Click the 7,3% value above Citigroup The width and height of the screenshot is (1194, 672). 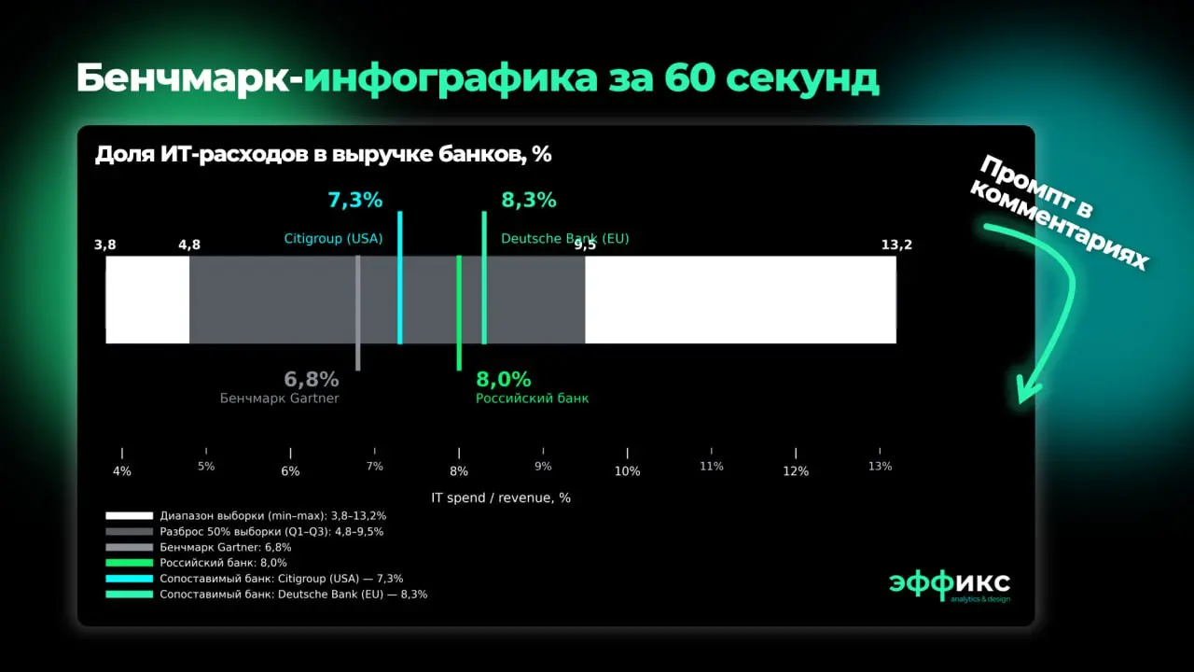354,200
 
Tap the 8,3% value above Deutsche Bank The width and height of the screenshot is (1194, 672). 529,200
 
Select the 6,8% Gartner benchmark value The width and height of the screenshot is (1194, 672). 312,380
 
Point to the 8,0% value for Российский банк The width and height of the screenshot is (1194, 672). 504,380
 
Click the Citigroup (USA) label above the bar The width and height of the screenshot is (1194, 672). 333,239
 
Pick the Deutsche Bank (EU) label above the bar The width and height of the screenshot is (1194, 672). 565,239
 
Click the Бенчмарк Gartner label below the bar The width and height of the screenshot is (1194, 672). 280,399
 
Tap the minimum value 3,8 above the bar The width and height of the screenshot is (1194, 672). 105,245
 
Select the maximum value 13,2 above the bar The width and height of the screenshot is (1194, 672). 896,245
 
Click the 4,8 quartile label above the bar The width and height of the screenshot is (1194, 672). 189,245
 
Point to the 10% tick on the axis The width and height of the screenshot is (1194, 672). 627,471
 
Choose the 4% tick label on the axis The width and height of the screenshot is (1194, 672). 122,471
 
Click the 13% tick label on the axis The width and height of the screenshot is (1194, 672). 880,466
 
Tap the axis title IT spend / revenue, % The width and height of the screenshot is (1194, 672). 501,498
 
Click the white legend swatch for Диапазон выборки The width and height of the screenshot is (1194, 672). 129,515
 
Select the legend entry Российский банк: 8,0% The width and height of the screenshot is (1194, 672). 223,563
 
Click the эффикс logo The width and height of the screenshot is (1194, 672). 949,583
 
